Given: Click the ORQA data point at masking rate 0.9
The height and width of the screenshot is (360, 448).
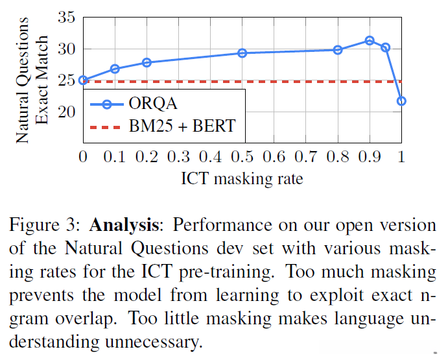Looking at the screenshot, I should tap(370, 40).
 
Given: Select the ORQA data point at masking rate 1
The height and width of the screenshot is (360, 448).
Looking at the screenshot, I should tap(401, 101).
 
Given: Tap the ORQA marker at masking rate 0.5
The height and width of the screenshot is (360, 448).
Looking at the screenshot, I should tap(242, 53).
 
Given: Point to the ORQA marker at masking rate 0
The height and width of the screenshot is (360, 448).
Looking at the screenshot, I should tap(83, 80).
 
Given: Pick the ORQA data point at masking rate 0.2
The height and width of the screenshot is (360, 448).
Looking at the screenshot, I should tap(147, 62).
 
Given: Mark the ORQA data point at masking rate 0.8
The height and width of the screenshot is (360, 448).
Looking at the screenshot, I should tap(338, 49).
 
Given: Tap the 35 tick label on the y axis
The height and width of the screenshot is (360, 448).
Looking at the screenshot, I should tap(67, 18).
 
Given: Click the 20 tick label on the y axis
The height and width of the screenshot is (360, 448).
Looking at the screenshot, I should tap(67, 112).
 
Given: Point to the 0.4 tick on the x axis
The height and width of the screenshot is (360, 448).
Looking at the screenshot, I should tap(210, 157).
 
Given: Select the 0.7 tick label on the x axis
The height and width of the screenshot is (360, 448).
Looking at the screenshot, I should tap(305, 157).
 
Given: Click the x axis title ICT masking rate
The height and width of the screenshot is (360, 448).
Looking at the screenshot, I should tap(242, 178).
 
